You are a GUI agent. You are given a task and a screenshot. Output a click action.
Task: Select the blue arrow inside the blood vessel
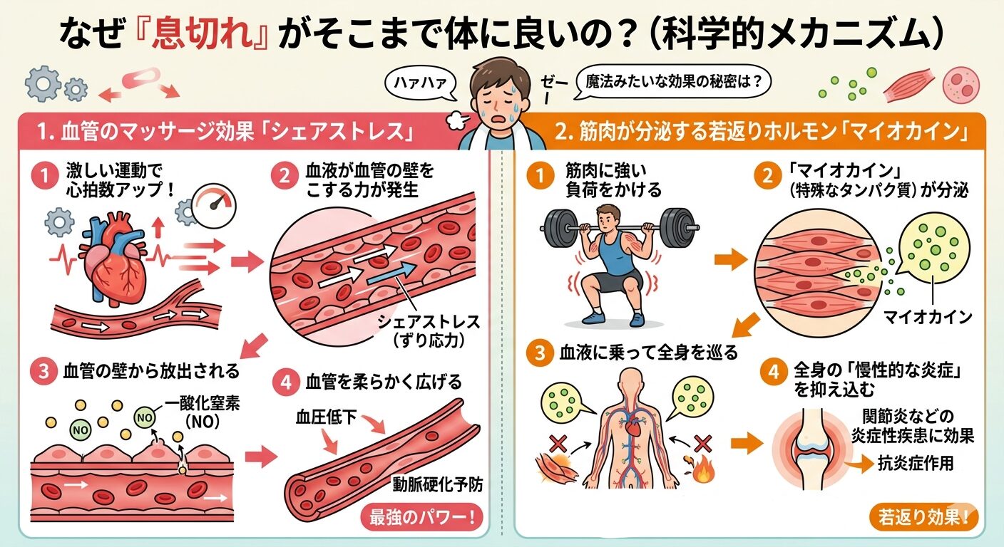coord(394,275)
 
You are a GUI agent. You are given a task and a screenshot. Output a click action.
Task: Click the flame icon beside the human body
coord(702,472)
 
